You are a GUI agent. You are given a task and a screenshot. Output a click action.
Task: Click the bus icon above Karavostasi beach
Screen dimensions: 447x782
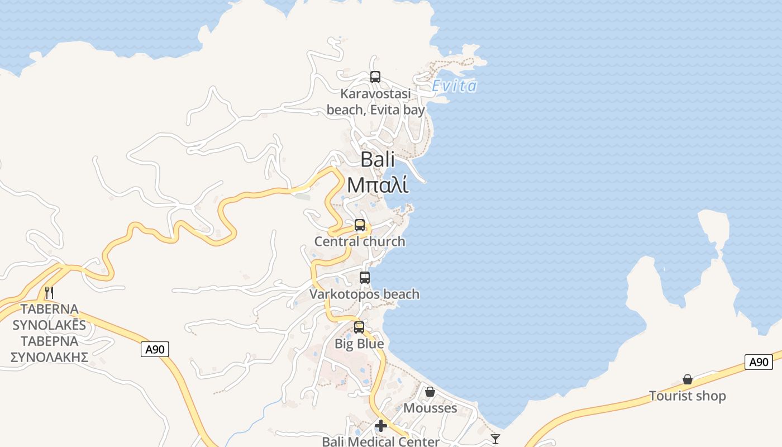(375, 77)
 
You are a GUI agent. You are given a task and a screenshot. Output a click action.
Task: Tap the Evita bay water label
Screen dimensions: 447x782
(455, 86)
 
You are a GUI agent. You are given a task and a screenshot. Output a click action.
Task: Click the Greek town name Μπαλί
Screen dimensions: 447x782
(378, 185)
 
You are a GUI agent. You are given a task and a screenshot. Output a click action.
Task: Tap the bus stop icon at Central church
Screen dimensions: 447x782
(360, 225)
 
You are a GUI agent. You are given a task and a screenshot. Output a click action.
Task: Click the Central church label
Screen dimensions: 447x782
(360, 241)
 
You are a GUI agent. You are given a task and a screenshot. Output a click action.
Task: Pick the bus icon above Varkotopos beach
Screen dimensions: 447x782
(365, 277)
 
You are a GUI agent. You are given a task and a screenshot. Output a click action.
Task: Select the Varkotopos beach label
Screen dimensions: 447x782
(365, 294)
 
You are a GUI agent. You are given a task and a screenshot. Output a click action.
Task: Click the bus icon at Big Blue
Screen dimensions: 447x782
(359, 327)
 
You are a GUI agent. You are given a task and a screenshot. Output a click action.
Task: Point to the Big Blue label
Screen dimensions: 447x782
(359, 344)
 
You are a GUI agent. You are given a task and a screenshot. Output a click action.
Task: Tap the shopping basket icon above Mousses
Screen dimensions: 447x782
(430, 392)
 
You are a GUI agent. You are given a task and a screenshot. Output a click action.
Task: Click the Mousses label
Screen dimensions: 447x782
(430, 408)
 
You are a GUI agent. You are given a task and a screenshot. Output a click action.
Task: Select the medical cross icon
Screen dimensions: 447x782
(381, 426)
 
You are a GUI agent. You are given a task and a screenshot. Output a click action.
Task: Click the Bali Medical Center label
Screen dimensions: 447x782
(381, 441)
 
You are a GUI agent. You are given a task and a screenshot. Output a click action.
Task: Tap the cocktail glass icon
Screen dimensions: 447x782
(495, 439)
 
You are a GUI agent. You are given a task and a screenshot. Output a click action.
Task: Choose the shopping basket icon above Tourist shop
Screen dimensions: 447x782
(688, 380)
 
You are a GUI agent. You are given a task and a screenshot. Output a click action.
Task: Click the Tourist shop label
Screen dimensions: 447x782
(688, 396)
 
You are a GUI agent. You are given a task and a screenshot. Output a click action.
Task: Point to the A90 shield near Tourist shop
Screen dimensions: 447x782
(759, 362)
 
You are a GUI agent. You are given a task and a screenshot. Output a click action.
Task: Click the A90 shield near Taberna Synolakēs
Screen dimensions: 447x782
(155, 350)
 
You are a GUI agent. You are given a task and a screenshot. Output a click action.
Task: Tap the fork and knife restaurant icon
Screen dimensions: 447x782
(49, 292)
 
